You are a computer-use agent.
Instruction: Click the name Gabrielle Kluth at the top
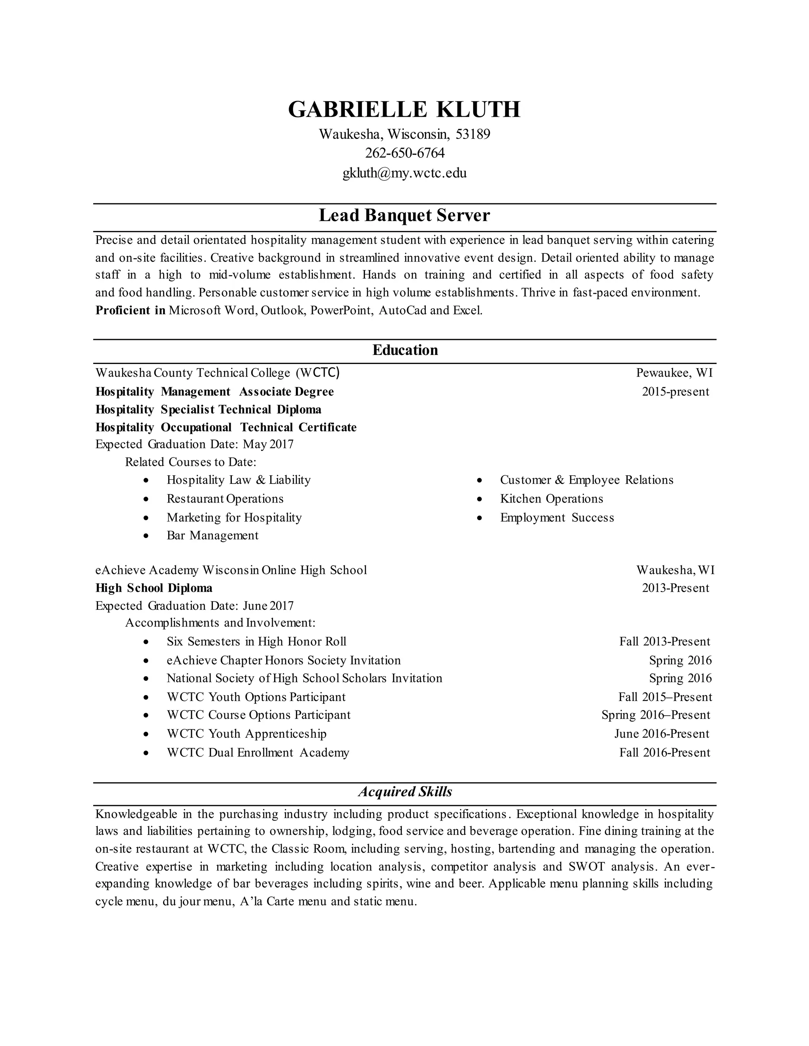pos(404,110)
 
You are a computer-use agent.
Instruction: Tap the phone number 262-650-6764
pos(404,153)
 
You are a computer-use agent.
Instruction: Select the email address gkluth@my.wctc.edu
pos(404,173)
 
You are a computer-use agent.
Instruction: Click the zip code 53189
pos(472,134)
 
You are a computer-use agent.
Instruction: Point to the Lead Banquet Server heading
pos(404,216)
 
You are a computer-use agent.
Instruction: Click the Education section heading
pos(405,350)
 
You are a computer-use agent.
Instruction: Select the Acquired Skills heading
pos(405,792)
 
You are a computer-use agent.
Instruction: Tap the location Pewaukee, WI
pos(674,373)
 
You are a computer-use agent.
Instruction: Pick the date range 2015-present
pos(675,392)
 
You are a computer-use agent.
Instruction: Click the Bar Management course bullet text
pos(212,536)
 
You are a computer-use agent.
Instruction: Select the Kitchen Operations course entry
pos(551,499)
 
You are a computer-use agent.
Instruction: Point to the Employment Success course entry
pos(557,518)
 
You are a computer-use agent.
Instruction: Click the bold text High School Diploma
pos(154,588)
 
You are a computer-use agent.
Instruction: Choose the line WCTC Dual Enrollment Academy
pos(258,752)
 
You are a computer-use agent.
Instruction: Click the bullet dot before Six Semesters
pos(146,642)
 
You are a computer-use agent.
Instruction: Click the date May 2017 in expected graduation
pos(268,444)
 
